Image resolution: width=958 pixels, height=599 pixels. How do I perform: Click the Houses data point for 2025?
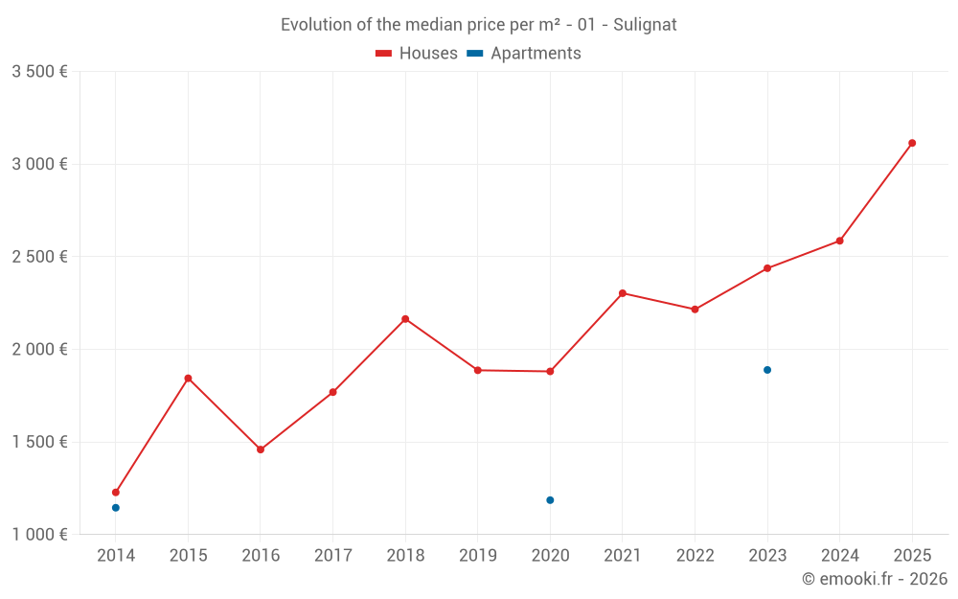(912, 143)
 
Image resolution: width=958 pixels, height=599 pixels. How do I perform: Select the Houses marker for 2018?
(405, 319)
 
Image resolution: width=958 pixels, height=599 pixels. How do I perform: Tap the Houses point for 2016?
(261, 449)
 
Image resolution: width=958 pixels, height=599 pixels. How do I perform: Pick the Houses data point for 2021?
(623, 293)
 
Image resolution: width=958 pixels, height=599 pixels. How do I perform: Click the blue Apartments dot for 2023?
(767, 370)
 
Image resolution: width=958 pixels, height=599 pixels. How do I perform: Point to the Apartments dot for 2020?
(550, 500)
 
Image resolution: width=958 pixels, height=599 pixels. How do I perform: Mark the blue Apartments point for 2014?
(116, 508)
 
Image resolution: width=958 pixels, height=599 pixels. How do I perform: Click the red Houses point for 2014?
(116, 493)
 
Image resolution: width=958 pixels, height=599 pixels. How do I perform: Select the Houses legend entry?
(417, 54)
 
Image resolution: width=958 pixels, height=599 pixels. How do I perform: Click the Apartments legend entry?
(525, 54)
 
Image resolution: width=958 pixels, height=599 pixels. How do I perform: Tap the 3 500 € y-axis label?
(39, 72)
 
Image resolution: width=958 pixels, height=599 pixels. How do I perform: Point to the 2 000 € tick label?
(39, 350)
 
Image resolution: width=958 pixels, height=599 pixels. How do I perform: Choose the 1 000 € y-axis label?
(39, 535)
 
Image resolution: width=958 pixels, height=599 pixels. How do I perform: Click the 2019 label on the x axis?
(478, 556)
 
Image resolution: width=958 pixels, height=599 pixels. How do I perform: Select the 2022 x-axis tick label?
(695, 556)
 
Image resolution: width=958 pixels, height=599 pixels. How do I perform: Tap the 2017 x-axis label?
(332, 556)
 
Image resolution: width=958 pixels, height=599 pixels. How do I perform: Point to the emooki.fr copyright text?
(874, 579)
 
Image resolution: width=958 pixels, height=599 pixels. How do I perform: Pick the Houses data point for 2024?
(839, 241)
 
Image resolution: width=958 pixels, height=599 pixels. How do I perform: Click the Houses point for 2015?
(188, 379)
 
